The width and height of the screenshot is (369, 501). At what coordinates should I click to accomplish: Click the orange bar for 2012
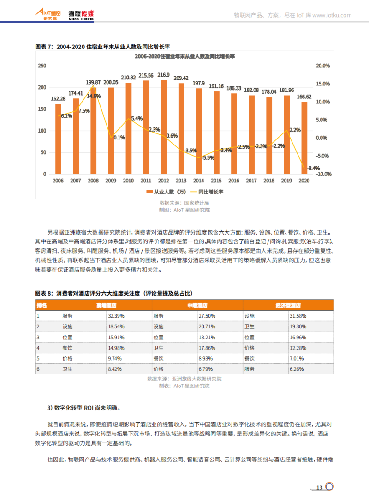pos(163,127)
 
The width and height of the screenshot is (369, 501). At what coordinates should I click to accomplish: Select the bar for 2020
pos(304,138)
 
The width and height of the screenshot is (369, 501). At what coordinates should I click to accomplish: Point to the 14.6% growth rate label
pos(94,96)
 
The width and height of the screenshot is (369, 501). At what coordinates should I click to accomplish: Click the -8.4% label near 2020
pos(314,168)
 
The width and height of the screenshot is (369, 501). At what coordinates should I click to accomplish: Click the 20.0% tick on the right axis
pos(323,66)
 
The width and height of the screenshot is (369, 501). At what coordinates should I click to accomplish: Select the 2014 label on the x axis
pos(199,181)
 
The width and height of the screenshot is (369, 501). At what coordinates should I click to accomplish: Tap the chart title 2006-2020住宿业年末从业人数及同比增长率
pos(184,56)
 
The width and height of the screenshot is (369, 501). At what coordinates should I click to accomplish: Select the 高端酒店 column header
pos(106,306)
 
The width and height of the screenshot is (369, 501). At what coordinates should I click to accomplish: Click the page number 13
pos(319,488)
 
